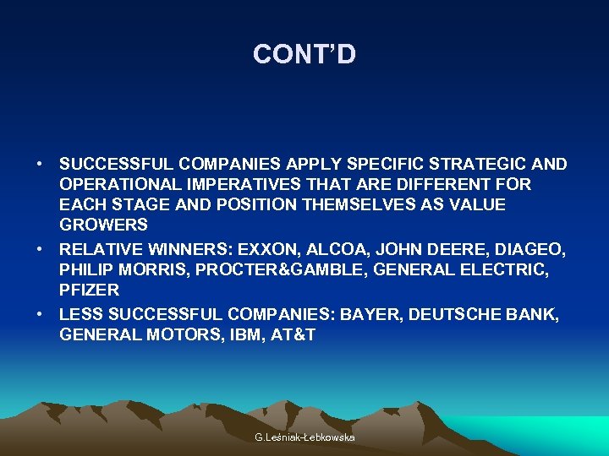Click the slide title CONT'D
coord(304,55)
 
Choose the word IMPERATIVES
coord(235,184)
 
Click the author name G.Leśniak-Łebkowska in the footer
coord(304,437)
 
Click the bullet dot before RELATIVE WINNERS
coord(41,249)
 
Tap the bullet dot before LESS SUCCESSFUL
coord(41,314)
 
